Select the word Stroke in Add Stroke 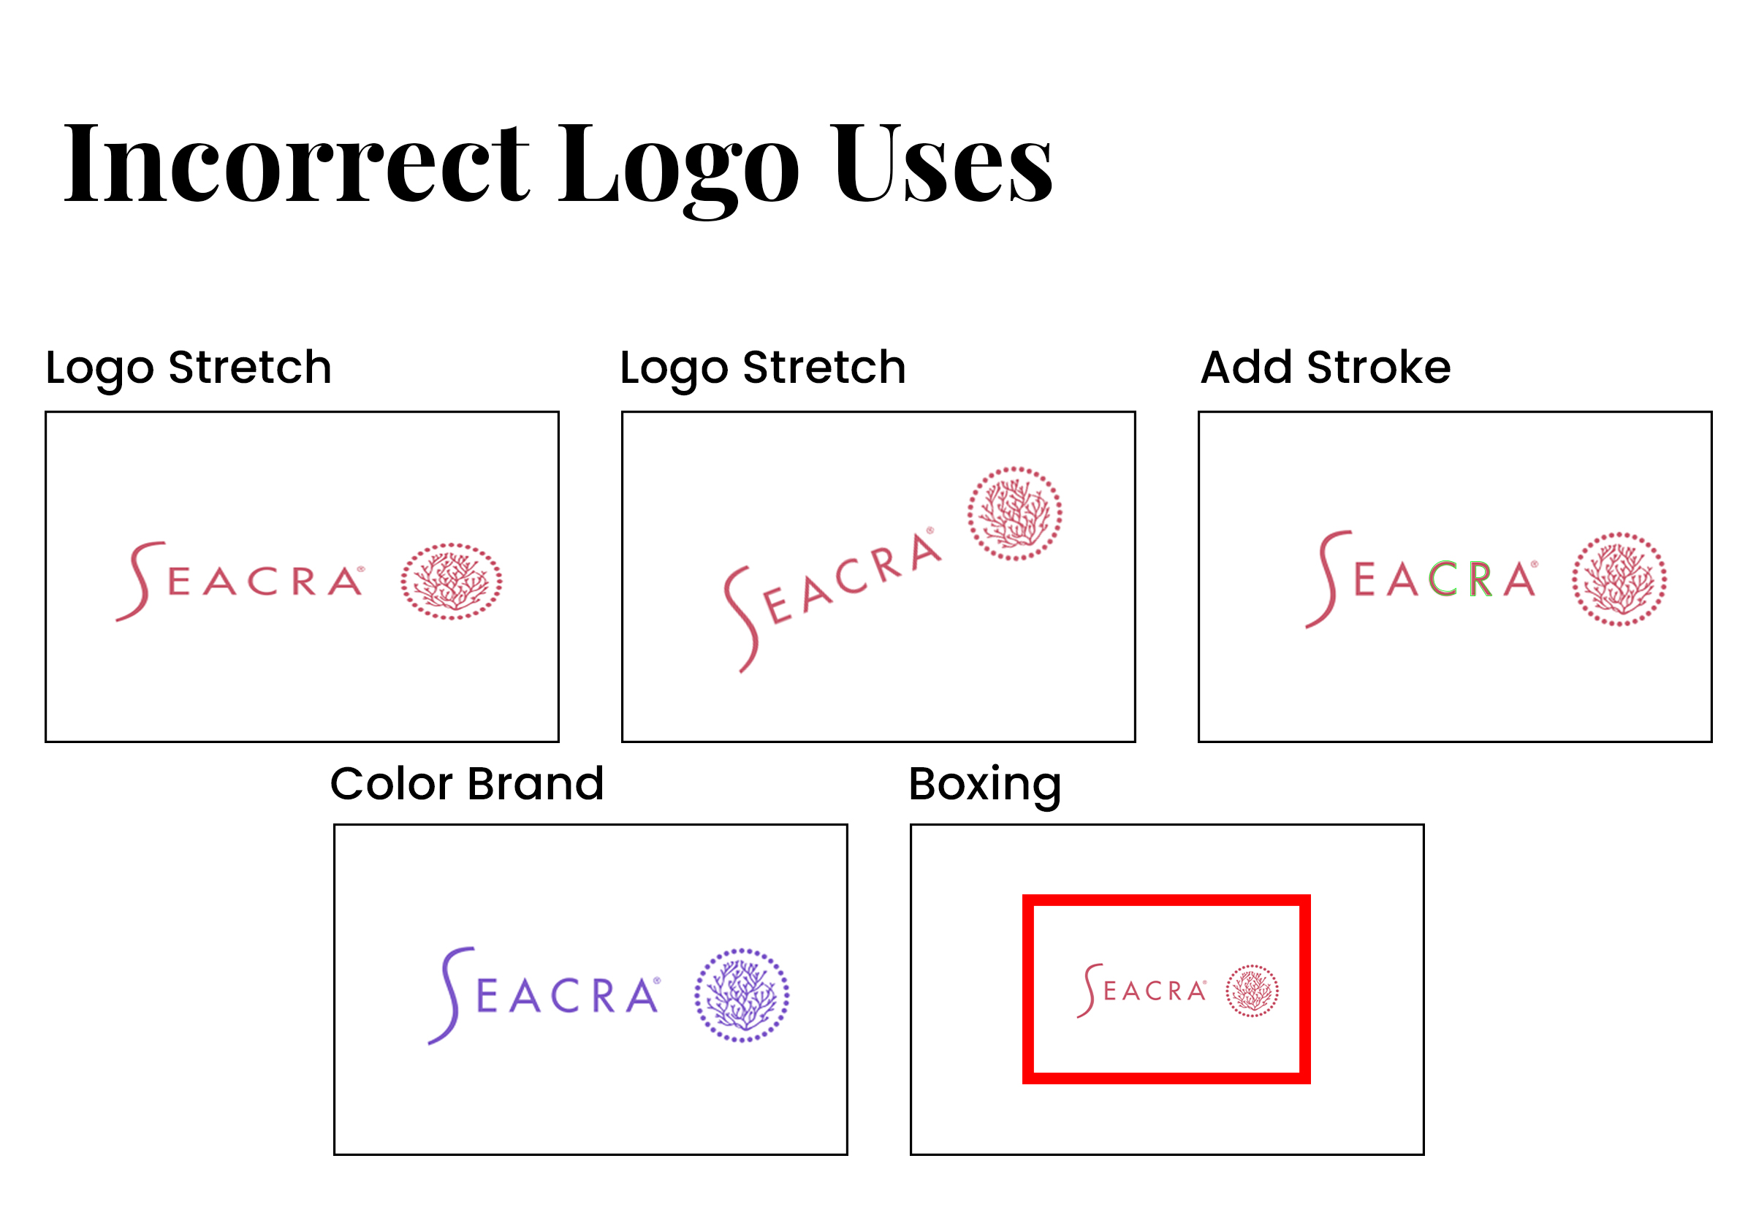click(1378, 367)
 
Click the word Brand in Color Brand click(536, 784)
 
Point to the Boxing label click(984, 786)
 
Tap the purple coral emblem click(741, 995)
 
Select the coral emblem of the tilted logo click(1014, 514)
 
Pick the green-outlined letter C click(1443, 579)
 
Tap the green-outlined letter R click(1481, 579)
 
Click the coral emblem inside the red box click(1252, 991)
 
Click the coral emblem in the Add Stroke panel click(1619, 579)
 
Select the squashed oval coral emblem click(451, 581)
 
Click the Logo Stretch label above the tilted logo click(762, 368)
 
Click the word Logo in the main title click(678, 169)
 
